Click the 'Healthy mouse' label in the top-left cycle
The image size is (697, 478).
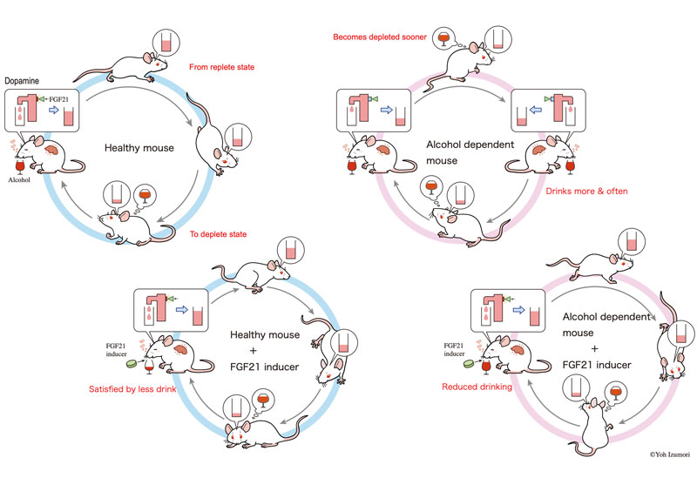point(140,148)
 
